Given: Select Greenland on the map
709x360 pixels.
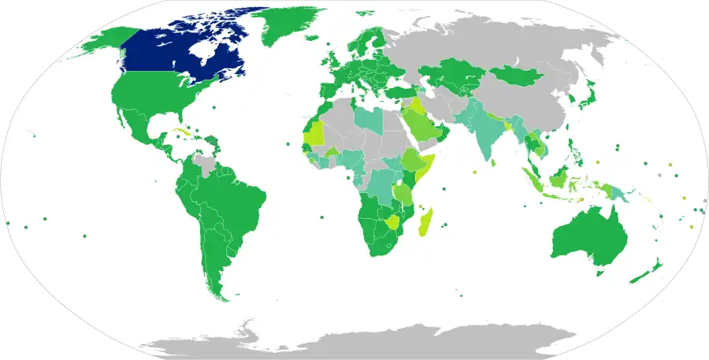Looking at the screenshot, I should point(288,28).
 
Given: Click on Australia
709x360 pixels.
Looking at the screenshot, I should point(587,236).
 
